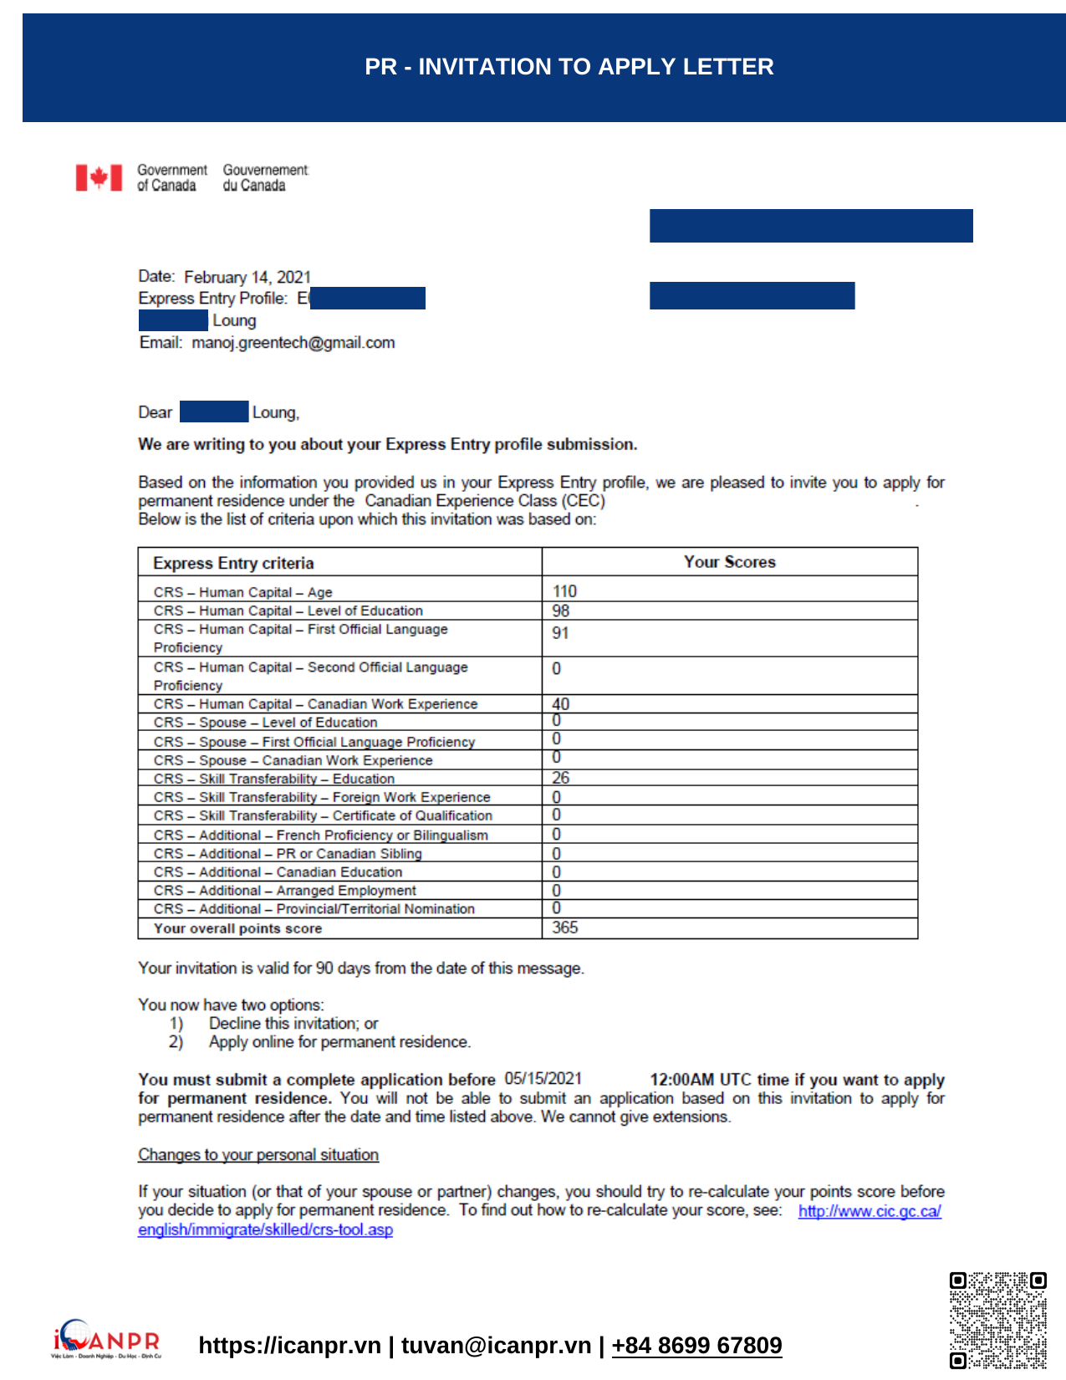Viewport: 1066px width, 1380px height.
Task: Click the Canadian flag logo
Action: tap(99, 177)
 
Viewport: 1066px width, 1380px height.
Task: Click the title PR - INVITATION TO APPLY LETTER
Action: tap(569, 67)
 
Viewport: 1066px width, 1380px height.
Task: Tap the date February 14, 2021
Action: tap(247, 277)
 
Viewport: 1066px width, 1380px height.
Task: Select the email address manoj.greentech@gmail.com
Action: tap(293, 342)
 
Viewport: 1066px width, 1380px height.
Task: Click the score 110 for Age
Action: tap(564, 591)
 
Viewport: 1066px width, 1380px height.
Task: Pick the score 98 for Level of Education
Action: tap(561, 611)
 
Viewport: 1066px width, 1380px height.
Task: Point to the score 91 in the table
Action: tap(560, 633)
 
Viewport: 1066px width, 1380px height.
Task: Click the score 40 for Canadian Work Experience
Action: tap(561, 704)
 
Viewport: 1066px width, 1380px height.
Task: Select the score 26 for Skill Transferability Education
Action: tap(560, 778)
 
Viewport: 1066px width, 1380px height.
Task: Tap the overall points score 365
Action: tap(565, 928)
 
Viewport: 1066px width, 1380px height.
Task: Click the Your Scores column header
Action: tap(729, 562)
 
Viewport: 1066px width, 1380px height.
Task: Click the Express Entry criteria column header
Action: tap(233, 563)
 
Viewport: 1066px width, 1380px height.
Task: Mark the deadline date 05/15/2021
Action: tap(543, 1079)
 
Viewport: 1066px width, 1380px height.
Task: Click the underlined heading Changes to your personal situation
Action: tap(258, 1154)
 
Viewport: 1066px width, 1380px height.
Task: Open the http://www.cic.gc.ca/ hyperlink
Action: tap(870, 1211)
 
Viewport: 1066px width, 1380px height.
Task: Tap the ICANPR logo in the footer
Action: tap(106, 1337)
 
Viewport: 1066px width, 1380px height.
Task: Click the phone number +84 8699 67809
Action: tap(696, 1345)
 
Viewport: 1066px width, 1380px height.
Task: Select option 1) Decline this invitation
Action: tap(293, 1023)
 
